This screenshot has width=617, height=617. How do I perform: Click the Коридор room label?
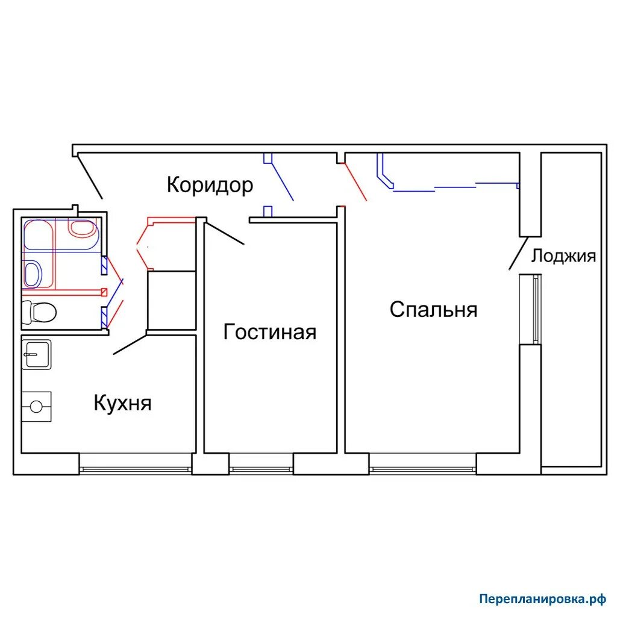point(210,185)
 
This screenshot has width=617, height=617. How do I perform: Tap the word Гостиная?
point(269,332)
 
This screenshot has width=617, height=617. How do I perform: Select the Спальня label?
point(433,309)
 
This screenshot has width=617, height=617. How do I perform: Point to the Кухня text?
point(122,403)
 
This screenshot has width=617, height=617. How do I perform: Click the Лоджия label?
point(563,255)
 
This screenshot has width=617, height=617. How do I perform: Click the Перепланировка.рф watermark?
point(543,599)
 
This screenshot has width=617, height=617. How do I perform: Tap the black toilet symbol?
point(39,312)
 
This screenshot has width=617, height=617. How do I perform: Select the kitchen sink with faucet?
point(37,354)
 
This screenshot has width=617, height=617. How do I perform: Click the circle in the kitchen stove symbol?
point(36,407)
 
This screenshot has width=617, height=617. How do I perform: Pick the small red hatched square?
point(104,292)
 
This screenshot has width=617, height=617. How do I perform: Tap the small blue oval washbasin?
point(33,274)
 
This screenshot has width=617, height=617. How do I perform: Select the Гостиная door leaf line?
point(225,233)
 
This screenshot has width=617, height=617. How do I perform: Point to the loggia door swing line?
point(519,253)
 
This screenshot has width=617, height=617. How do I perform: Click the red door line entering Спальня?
point(355,182)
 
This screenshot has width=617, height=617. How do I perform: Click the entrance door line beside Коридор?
point(90,177)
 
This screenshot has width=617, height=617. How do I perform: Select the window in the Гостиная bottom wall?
point(262,469)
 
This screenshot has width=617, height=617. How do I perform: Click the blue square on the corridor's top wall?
point(268,158)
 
